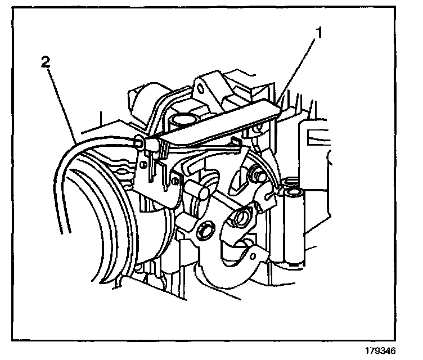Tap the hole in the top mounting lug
pos(199,88)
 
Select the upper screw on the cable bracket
pos(144,164)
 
